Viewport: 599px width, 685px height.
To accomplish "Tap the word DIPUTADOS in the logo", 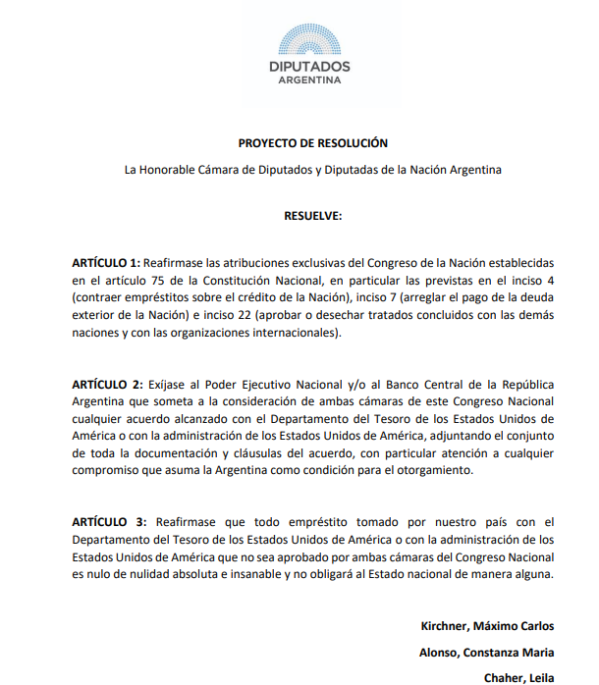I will click(x=309, y=66).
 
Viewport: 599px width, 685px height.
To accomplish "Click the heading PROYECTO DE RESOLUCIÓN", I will click(x=313, y=143).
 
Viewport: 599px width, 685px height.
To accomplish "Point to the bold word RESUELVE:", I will click(x=313, y=215).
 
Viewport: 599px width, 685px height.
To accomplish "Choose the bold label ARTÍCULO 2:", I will click(x=106, y=383).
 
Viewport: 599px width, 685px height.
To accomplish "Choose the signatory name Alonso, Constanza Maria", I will click(x=486, y=652).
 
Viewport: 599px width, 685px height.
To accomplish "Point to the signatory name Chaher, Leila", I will click(x=518, y=677).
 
